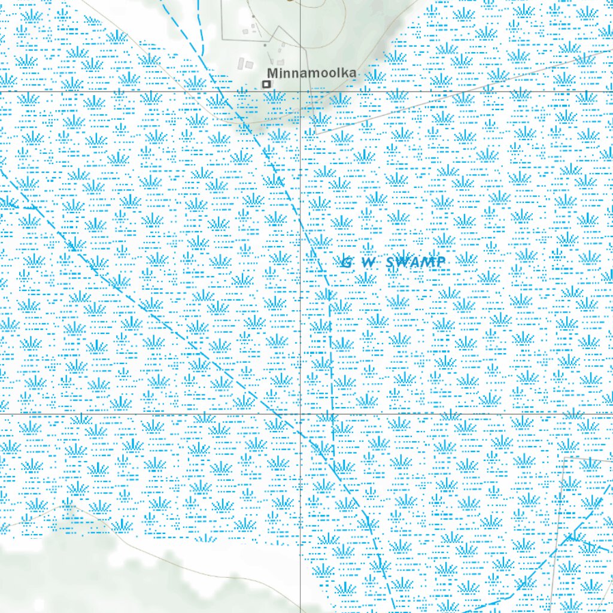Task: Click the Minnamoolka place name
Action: pos(311,73)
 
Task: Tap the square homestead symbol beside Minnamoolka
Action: pos(266,84)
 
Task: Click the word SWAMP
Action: pos(416,262)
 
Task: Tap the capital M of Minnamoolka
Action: pos(272,73)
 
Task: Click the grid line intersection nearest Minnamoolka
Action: pos(300,91)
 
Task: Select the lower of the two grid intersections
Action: pos(300,413)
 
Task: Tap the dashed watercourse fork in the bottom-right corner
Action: pos(569,538)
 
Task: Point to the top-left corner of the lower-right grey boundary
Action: pos(565,458)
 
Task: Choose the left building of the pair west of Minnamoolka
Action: pos(242,63)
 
